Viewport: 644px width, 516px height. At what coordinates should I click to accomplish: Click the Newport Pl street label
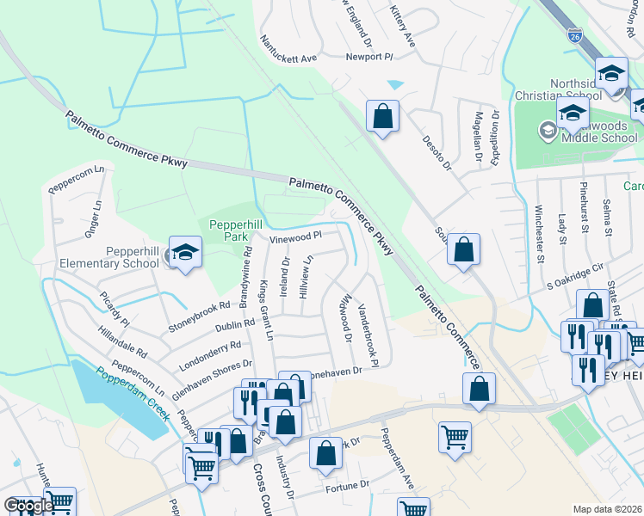368,57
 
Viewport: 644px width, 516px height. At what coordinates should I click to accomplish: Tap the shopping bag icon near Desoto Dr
382,116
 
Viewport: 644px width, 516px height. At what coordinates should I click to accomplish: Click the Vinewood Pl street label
295,236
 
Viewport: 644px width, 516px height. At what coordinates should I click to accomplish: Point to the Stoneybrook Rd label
200,316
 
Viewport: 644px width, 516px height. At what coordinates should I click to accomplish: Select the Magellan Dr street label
476,137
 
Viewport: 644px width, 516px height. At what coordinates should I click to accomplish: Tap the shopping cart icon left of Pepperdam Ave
454,436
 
